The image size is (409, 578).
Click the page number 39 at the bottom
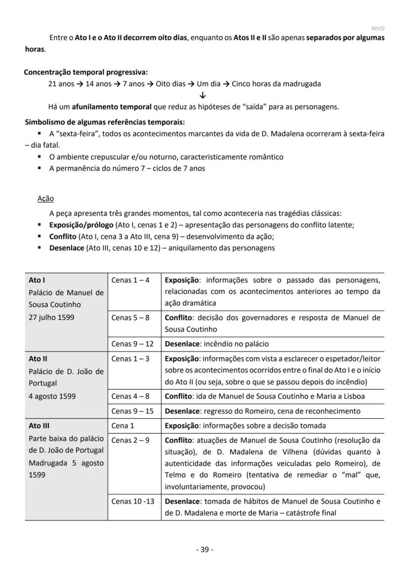point(204,550)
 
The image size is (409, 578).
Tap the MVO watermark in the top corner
point(377,29)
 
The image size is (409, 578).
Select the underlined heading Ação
point(45,199)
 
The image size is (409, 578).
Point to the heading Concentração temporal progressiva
point(85,72)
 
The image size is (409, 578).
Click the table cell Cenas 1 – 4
point(130,280)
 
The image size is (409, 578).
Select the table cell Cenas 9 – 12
point(132,344)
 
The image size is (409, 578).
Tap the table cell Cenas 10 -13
point(132,501)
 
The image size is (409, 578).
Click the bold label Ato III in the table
point(39,426)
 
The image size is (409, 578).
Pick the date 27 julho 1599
point(51,317)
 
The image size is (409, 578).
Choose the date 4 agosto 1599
point(52,396)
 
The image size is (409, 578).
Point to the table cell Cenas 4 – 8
point(130,396)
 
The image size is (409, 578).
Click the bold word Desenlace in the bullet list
point(67,248)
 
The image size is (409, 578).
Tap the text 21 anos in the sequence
point(61,84)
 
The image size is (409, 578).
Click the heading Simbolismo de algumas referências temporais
point(105,122)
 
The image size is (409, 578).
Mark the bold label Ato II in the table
point(38,359)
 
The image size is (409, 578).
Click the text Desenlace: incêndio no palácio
point(217,344)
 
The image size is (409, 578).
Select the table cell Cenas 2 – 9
point(130,440)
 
